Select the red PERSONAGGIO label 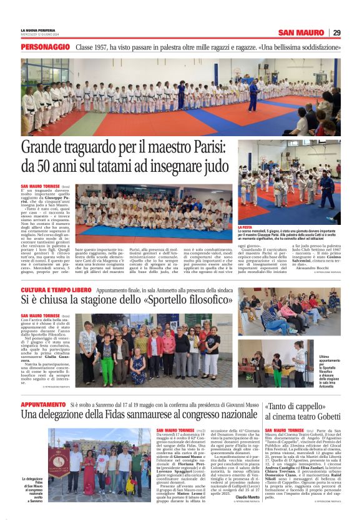(45, 47)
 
